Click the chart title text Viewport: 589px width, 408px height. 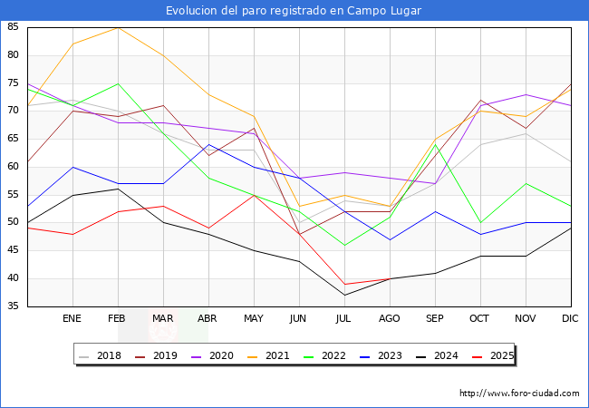[294, 11]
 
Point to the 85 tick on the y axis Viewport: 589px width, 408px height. [13, 27]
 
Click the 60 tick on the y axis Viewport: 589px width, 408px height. [13, 167]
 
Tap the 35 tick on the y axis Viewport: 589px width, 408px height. [13, 306]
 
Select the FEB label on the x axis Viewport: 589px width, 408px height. [118, 319]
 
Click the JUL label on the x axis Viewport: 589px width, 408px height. [344, 319]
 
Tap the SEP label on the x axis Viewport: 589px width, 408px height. [435, 319]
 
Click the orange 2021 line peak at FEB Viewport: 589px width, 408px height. [118, 27]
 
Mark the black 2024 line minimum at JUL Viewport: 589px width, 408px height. [344, 295]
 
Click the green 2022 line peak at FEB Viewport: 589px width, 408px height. [118, 83]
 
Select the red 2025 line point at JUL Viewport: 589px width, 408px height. [344, 284]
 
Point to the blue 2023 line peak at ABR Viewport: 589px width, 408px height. [208, 144]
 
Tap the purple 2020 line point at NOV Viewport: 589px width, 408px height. [526, 94]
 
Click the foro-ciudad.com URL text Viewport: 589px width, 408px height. [519, 393]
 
